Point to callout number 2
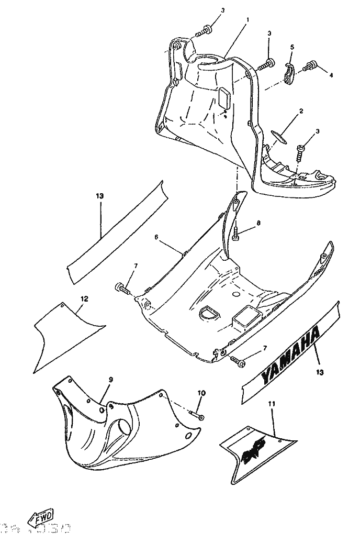click(x=301, y=111)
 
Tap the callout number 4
click(x=331, y=75)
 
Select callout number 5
click(x=292, y=47)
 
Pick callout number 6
click(x=156, y=237)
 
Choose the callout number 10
click(x=201, y=393)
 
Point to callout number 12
click(x=84, y=299)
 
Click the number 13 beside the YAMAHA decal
click(x=320, y=372)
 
